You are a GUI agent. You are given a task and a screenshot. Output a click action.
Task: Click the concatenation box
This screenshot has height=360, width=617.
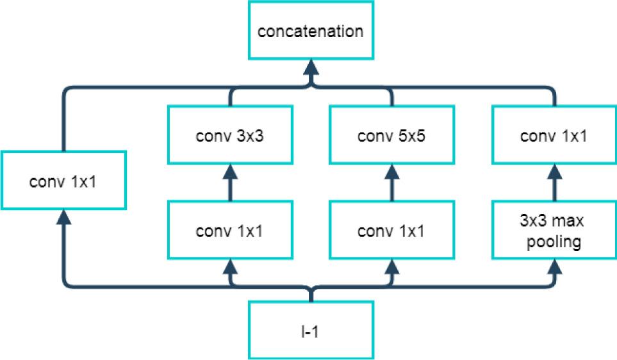pos(311,31)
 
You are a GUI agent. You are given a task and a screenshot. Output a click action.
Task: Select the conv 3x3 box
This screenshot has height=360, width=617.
pos(230,135)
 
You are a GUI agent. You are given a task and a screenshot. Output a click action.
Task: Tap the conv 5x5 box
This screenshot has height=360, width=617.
pos(392,135)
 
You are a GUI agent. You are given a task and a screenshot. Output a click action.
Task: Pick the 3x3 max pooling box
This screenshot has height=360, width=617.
pos(554,230)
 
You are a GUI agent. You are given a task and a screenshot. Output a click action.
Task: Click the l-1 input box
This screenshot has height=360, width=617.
pos(311,331)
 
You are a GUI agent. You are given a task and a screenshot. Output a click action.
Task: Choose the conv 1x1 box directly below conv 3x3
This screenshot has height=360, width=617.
pos(230,230)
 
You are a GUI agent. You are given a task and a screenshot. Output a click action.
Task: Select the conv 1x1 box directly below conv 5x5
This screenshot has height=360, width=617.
pos(392,230)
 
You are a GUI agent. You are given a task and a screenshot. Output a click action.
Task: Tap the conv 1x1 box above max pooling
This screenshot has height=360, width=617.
pos(554,135)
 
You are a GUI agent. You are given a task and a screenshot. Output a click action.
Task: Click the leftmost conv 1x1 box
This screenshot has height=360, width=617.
pos(63,180)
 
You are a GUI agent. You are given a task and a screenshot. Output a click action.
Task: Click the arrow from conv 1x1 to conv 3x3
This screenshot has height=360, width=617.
pos(230,183)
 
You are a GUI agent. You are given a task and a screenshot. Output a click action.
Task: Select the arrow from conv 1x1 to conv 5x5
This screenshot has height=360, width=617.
pos(392,183)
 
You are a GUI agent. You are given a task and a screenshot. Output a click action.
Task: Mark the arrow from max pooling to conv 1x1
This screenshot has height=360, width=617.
pos(555,183)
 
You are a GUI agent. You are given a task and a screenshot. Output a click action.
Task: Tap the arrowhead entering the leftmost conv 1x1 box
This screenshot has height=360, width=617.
pos(63,217)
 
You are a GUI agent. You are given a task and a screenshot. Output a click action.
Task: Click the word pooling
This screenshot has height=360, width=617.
pos(554,241)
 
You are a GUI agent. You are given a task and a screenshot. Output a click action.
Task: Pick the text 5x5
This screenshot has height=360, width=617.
pos(411,136)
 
